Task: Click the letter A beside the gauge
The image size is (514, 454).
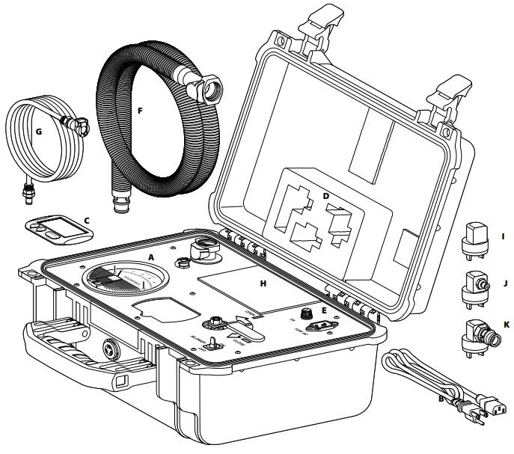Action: (x=151, y=256)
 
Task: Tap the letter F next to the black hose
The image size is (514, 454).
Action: (x=139, y=110)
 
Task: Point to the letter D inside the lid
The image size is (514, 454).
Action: (x=325, y=195)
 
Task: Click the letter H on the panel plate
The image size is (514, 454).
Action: (x=262, y=283)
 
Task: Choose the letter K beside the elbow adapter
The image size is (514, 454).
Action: (x=507, y=325)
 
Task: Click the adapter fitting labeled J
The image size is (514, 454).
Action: (x=475, y=285)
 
